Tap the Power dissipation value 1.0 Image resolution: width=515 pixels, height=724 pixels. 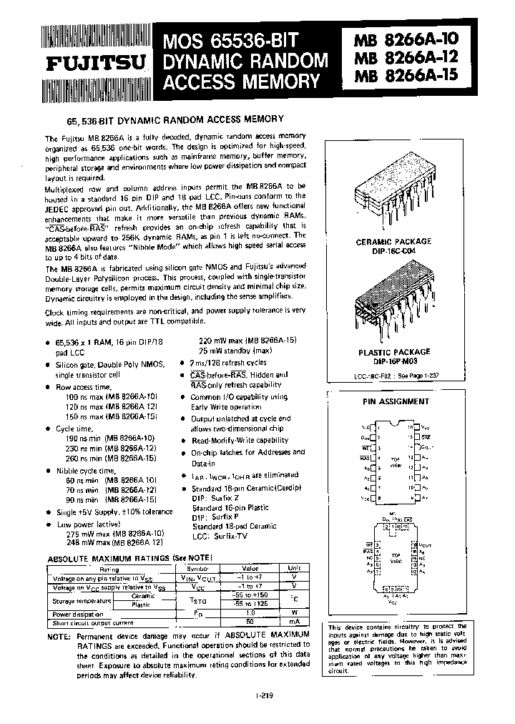click(x=250, y=613)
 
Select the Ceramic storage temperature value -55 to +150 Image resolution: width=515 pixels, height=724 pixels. click(x=250, y=595)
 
